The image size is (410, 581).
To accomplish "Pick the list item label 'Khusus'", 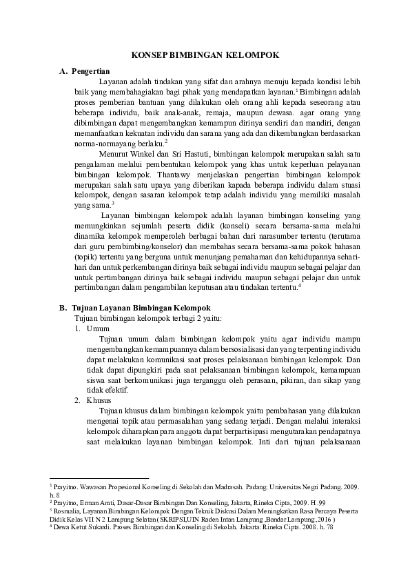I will coord(98,400).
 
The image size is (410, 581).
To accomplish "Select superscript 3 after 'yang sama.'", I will coord(112,202).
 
